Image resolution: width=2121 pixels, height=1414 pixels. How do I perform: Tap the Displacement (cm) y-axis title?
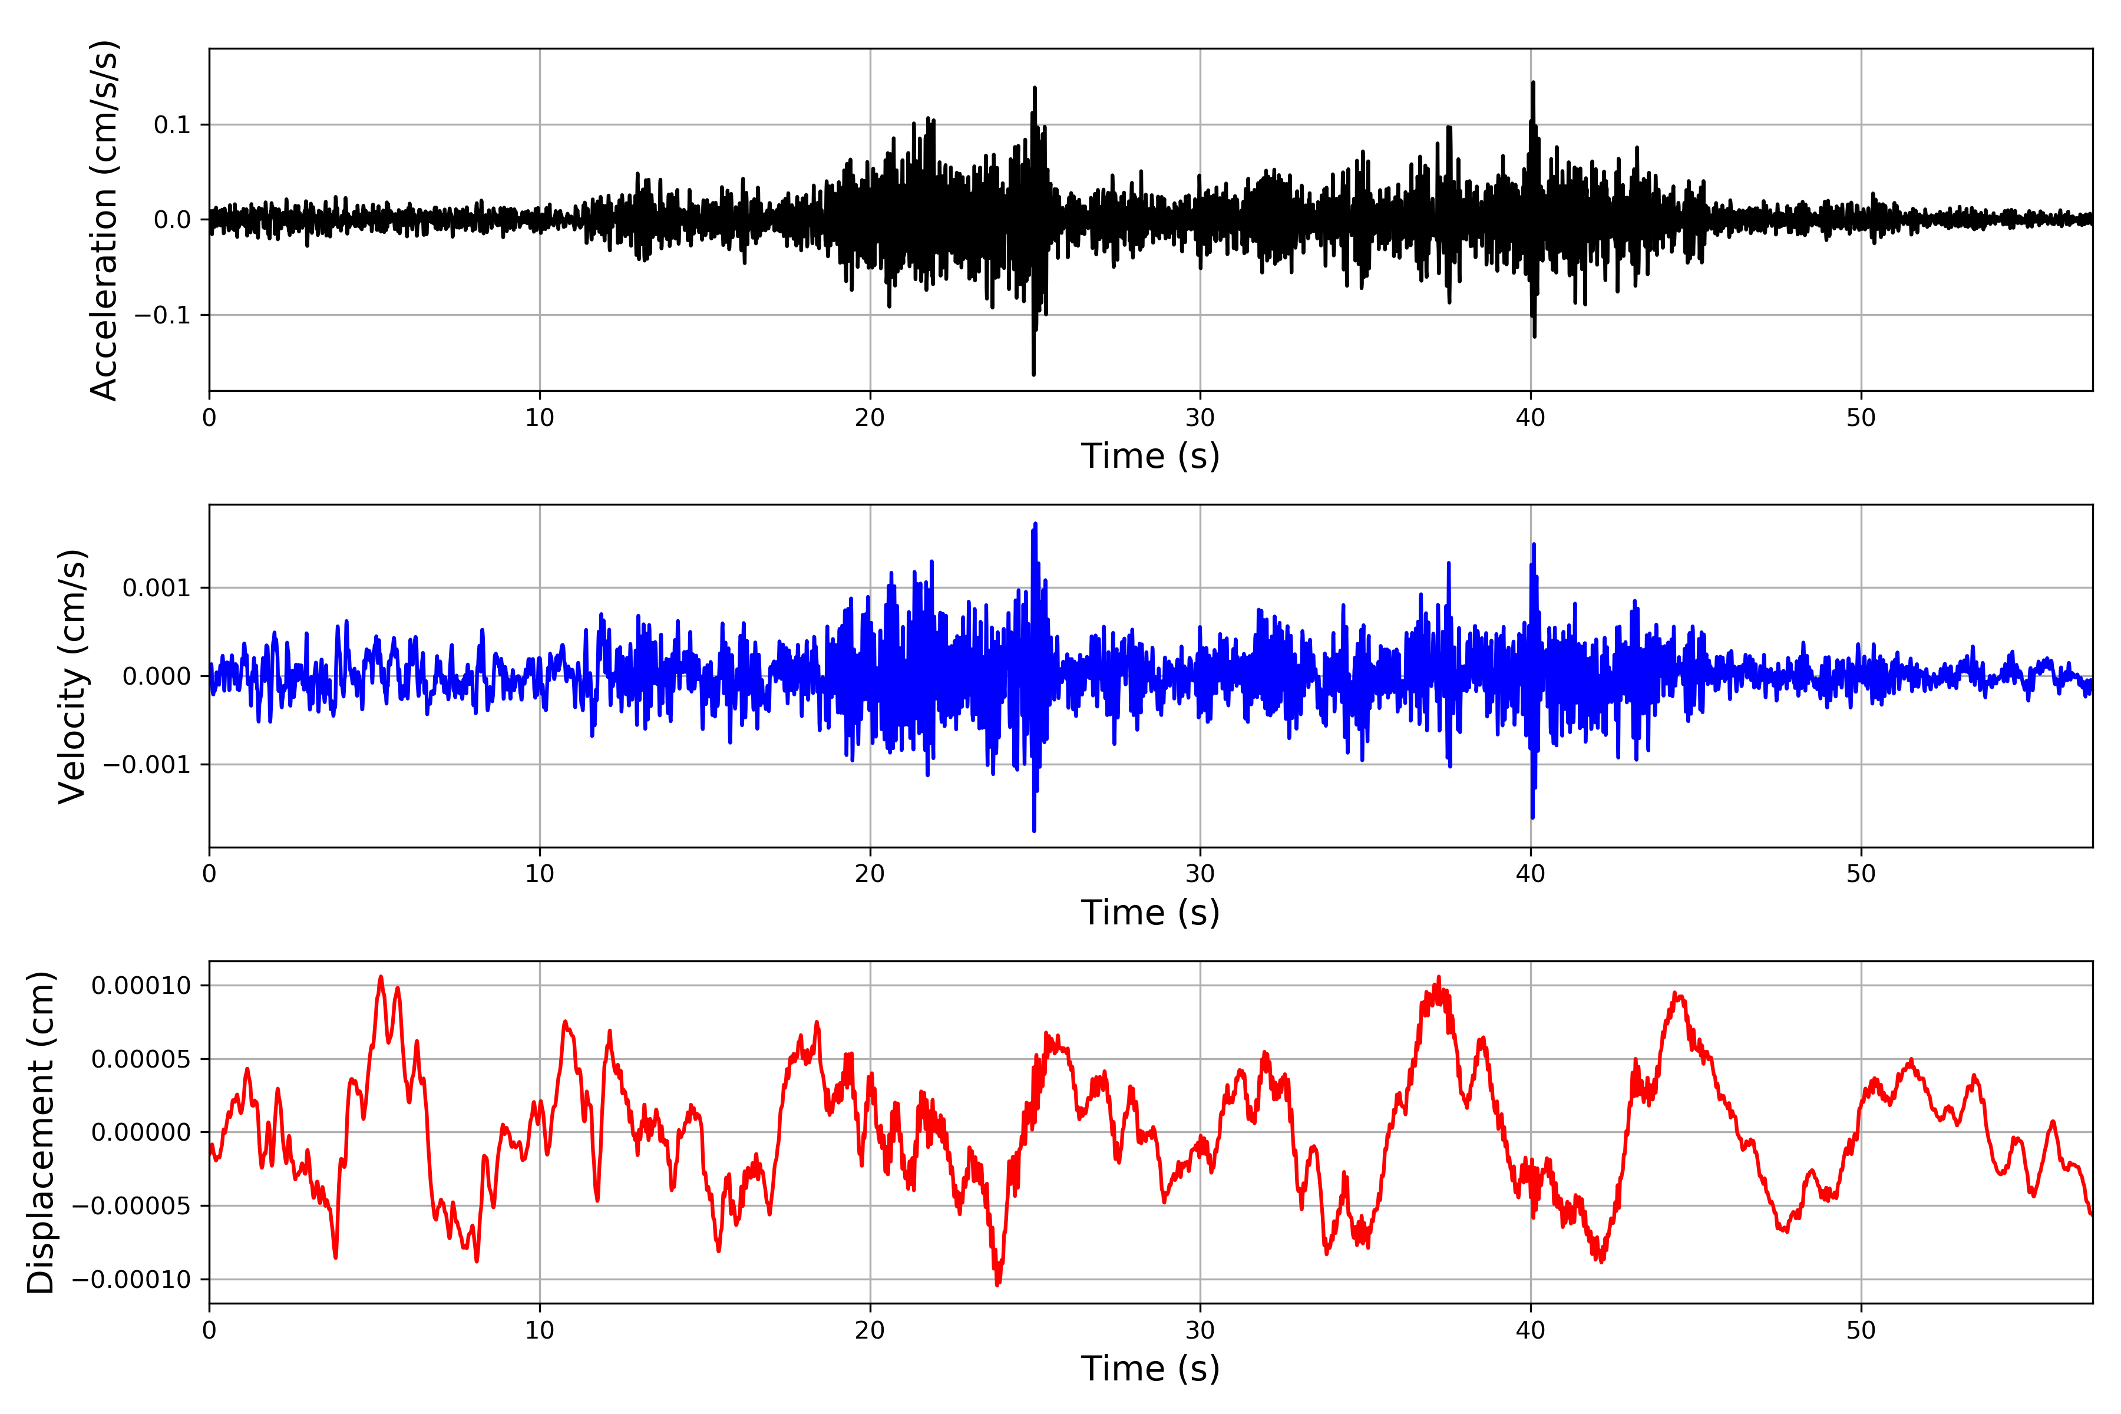pos(41,1132)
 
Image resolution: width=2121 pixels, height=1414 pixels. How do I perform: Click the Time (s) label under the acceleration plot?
pos(1150,456)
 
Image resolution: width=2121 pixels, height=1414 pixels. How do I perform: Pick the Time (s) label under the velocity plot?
pos(1150,913)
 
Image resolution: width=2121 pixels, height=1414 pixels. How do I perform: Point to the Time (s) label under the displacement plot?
pos(1150,1369)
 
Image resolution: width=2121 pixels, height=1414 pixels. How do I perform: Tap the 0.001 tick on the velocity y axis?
pos(157,589)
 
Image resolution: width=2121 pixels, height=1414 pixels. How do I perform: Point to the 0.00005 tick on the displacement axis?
pos(141,1059)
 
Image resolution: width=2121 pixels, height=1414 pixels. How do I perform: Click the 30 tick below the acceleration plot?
pos(1200,418)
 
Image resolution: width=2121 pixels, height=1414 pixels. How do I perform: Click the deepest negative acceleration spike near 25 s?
pos(1033,374)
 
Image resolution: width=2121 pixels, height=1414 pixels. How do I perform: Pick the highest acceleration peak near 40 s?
pos(1533,83)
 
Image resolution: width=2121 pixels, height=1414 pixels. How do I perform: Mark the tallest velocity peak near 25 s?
pos(1035,524)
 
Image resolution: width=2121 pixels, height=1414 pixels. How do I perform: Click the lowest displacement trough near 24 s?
pos(997,1284)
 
